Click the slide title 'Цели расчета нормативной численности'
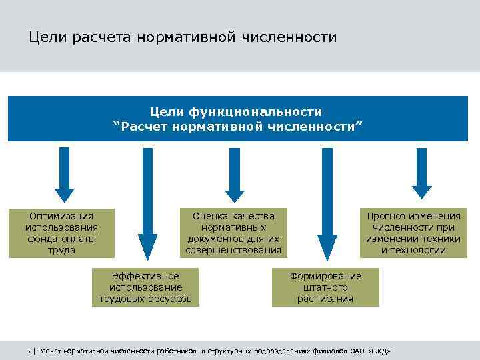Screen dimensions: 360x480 (x=183, y=37)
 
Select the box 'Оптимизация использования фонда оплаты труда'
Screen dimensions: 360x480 (x=61, y=233)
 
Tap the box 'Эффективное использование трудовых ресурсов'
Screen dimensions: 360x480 (x=145, y=287)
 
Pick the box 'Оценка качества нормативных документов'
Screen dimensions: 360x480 (x=233, y=233)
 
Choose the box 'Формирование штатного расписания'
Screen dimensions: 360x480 (x=325, y=287)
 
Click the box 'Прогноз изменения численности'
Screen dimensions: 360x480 (x=413, y=233)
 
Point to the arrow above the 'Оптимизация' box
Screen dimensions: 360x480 (x=65, y=173)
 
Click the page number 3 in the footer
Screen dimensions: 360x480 (x=28, y=351)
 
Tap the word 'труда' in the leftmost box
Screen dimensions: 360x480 (x=61, y=251)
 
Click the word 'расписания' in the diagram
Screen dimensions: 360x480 (x=325, y=299)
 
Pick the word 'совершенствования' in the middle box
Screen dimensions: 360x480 (x=233, y=251)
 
